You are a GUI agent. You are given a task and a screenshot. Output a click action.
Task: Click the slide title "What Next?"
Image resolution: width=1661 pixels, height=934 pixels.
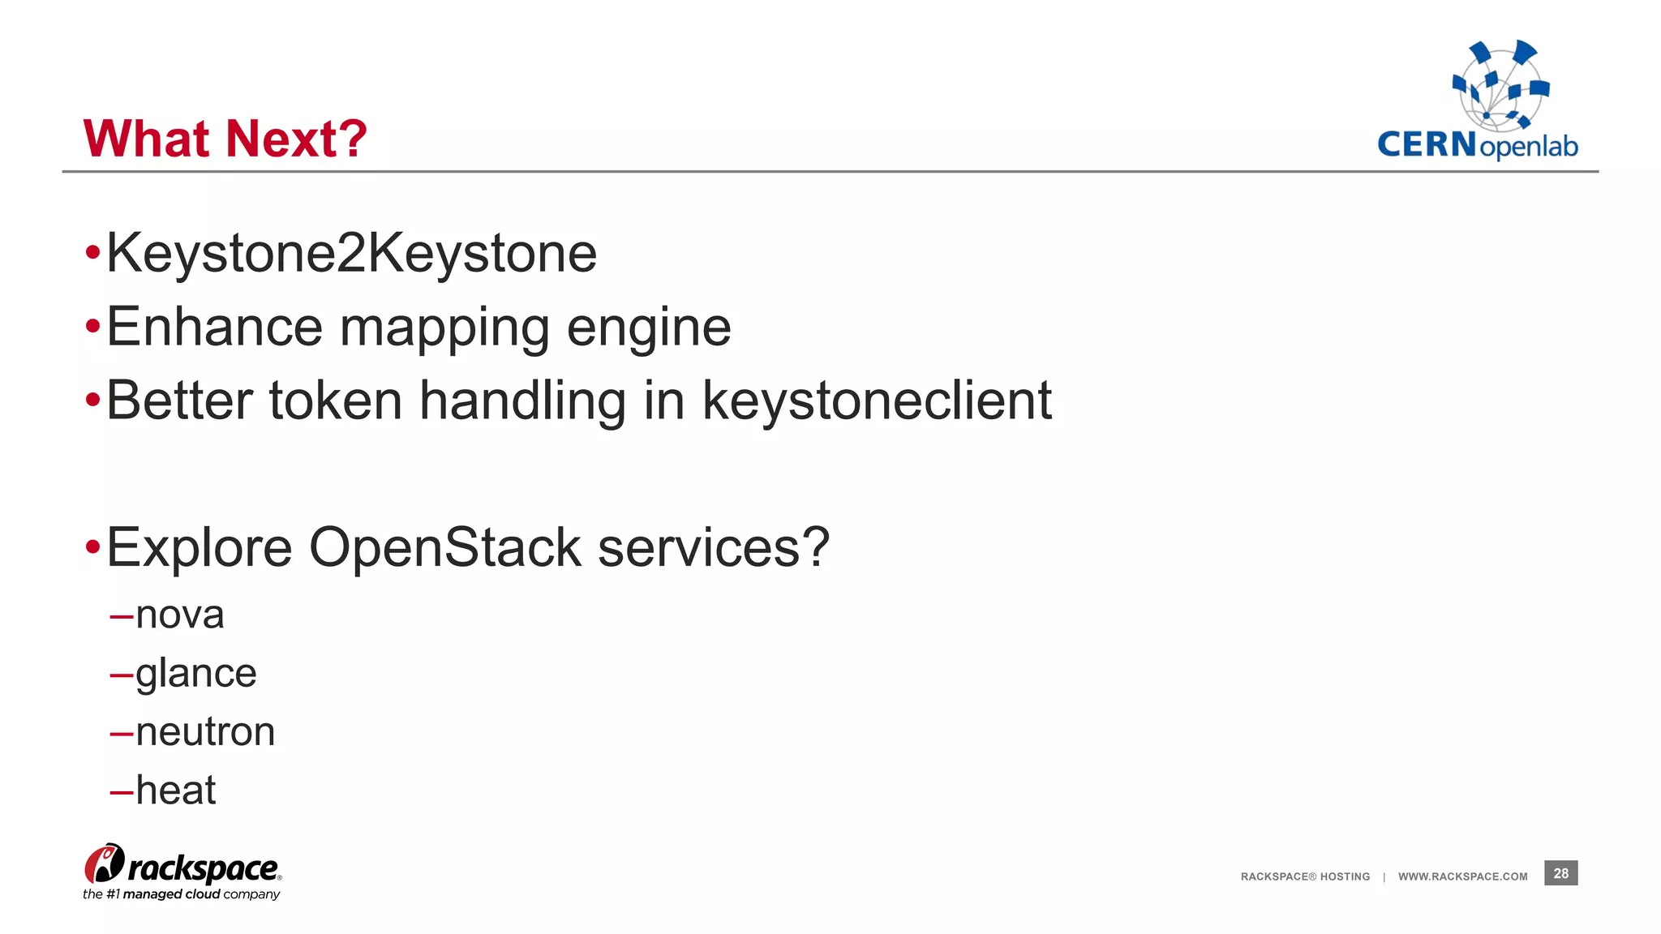pos(225,139)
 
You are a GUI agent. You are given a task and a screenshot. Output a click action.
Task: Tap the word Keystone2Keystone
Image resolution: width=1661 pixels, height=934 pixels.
pos(351,254)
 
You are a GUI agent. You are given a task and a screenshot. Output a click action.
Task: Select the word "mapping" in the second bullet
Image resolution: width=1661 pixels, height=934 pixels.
pos(444,328)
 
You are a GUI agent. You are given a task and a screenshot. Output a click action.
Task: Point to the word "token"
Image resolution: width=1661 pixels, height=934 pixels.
pos(335,401)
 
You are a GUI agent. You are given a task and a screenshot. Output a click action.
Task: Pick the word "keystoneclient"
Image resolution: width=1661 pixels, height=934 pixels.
pos(876,401)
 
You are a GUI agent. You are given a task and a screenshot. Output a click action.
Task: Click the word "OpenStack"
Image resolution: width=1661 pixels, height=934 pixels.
pos(444,547)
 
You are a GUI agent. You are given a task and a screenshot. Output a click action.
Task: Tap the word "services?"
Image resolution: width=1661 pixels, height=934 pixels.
pos(714,547)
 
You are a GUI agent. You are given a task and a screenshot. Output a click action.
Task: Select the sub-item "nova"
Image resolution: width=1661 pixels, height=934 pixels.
pos(179,615)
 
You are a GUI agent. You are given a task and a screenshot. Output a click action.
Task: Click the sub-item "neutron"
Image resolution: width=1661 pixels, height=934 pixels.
pos(205,732)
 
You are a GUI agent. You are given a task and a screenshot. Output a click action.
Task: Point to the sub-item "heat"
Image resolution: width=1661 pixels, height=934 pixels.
pos(175,790)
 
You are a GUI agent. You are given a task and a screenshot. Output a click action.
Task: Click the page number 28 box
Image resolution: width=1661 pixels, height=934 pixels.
pos(1560,873)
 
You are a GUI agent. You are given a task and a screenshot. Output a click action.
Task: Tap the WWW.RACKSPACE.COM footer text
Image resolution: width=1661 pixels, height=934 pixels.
pos(1462,876)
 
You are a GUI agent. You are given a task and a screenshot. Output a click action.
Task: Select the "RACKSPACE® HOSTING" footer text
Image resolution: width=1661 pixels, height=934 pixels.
pos(1305,876)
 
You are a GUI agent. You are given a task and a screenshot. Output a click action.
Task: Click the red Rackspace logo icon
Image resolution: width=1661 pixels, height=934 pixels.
pos(105,864)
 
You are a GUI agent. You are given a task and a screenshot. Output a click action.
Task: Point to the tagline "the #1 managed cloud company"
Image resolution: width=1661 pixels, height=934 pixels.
pos(181,894)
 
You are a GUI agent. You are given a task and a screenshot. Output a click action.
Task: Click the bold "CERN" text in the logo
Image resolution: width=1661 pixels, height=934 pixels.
pos(1427,145)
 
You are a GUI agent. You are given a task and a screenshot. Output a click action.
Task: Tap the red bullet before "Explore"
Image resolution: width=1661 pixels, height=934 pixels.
pos(92,547)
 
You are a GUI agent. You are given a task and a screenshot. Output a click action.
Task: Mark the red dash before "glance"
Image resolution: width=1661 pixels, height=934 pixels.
pos(121,675)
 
